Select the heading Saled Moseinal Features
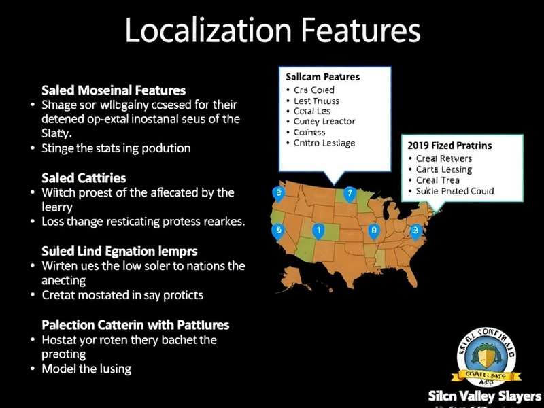click(114, 90)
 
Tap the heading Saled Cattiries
click(84, 178)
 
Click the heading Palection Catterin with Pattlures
click(135, 325)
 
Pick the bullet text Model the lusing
click(86, 369)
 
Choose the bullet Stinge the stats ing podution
click(116, 147)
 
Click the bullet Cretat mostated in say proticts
click(122, 295)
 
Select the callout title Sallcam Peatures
click(323, 78)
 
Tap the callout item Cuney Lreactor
click(324, 122)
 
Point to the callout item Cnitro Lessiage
click(324, 143)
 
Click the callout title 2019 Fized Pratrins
click(449, 146)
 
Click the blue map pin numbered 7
click(350, 194)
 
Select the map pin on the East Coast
click(415, 231)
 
